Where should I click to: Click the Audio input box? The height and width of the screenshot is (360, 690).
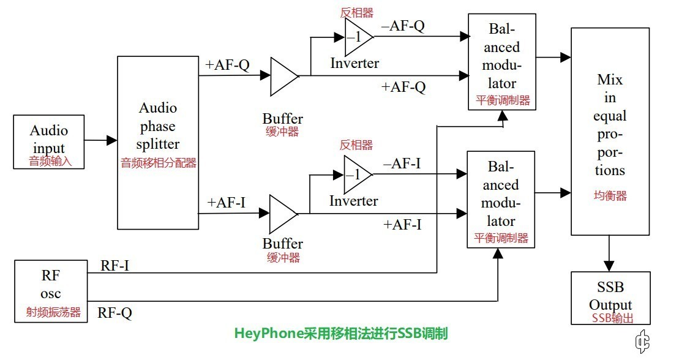point(49,142)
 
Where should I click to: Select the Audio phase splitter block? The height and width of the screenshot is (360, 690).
point(157,142)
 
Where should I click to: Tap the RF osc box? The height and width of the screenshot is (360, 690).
point(51,291)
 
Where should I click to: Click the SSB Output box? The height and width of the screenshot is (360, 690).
point(610,298)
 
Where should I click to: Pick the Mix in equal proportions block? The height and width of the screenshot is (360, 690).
point(610,131)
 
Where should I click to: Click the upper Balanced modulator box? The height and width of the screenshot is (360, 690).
point(501,61)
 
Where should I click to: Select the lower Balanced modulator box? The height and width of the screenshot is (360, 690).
point(501,198)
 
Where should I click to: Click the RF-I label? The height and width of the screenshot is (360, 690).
point(114,265)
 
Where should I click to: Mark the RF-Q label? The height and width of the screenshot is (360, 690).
point(114,313)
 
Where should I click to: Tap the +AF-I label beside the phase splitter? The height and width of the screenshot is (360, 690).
point(227,203)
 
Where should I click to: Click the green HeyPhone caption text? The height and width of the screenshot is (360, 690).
point(341,334)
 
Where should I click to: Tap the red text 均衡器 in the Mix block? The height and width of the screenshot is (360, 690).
point(610,196)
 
